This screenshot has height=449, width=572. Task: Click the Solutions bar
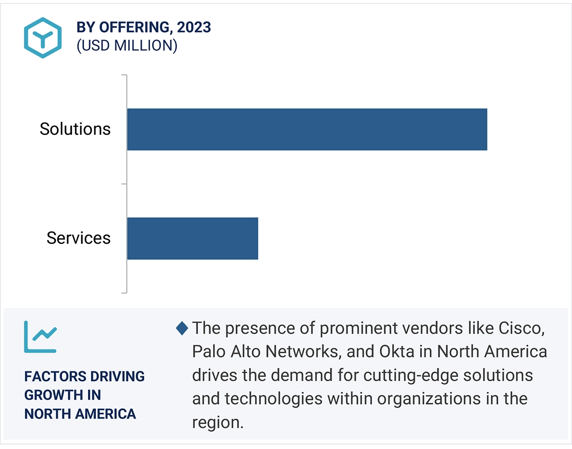pos(307,129)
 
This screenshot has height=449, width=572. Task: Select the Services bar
pos(192,238)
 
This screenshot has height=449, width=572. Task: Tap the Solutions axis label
pos(75,129)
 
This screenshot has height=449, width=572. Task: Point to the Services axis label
pos(79,238)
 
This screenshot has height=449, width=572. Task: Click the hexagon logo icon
pos(43,38)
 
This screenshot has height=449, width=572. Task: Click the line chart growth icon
pos(41,337)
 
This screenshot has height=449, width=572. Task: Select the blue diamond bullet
pos(182,328)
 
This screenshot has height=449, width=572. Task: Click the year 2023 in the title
pos(194,27)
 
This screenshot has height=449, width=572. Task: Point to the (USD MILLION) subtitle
pos(127,45)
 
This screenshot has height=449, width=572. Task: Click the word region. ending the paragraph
pos(218,422)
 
